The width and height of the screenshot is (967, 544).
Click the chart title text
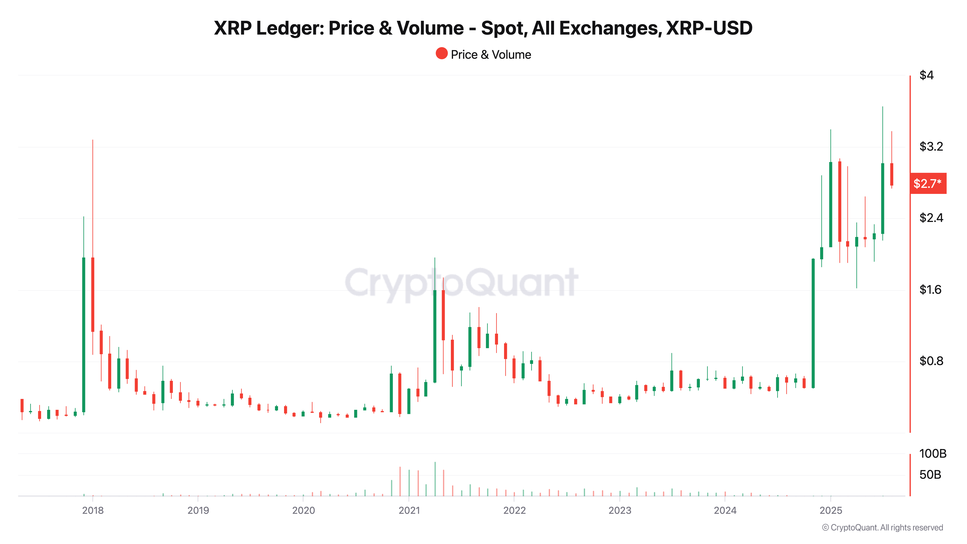483,28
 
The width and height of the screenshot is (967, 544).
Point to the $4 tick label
926,75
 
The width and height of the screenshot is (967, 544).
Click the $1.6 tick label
930,289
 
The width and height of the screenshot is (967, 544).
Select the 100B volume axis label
932,454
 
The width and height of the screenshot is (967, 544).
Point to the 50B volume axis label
930,475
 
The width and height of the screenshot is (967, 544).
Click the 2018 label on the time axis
93,510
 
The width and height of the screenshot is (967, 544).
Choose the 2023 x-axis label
620,510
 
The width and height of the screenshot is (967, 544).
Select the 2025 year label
831,510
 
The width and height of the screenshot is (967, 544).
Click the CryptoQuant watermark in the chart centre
461,282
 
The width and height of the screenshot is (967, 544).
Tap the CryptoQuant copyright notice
882,528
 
